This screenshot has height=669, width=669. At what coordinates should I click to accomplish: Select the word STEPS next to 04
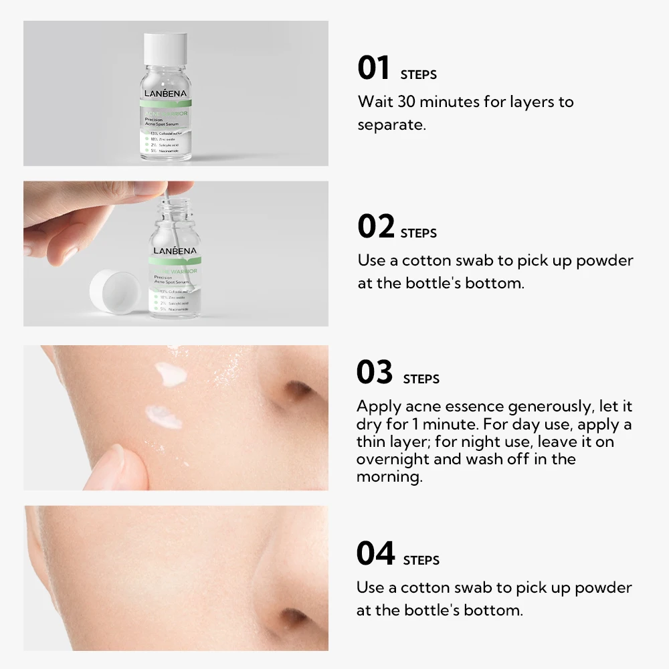coord(421,560)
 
